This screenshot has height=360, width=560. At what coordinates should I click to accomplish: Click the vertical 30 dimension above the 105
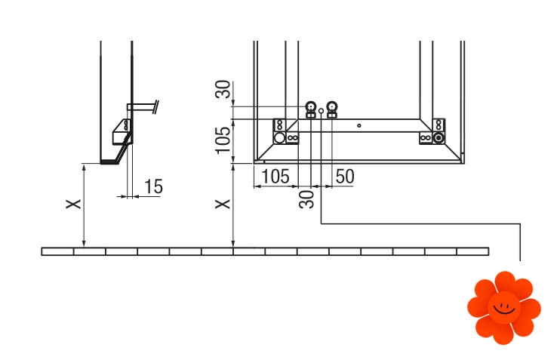[223, 88]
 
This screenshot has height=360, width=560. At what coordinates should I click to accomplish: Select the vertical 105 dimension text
[223, 140]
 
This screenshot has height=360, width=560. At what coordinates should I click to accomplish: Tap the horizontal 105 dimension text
[275, 177]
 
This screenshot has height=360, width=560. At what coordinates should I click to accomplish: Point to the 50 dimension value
[345, 177]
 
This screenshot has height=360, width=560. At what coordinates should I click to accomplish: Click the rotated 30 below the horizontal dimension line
[306, 199]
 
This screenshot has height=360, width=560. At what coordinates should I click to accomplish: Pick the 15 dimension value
[153, 186]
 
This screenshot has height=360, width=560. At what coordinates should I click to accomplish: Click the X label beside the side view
[73, 205]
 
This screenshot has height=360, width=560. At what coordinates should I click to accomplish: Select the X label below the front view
[223, 205]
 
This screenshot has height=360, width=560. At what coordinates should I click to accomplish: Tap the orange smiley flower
[504, 307]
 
